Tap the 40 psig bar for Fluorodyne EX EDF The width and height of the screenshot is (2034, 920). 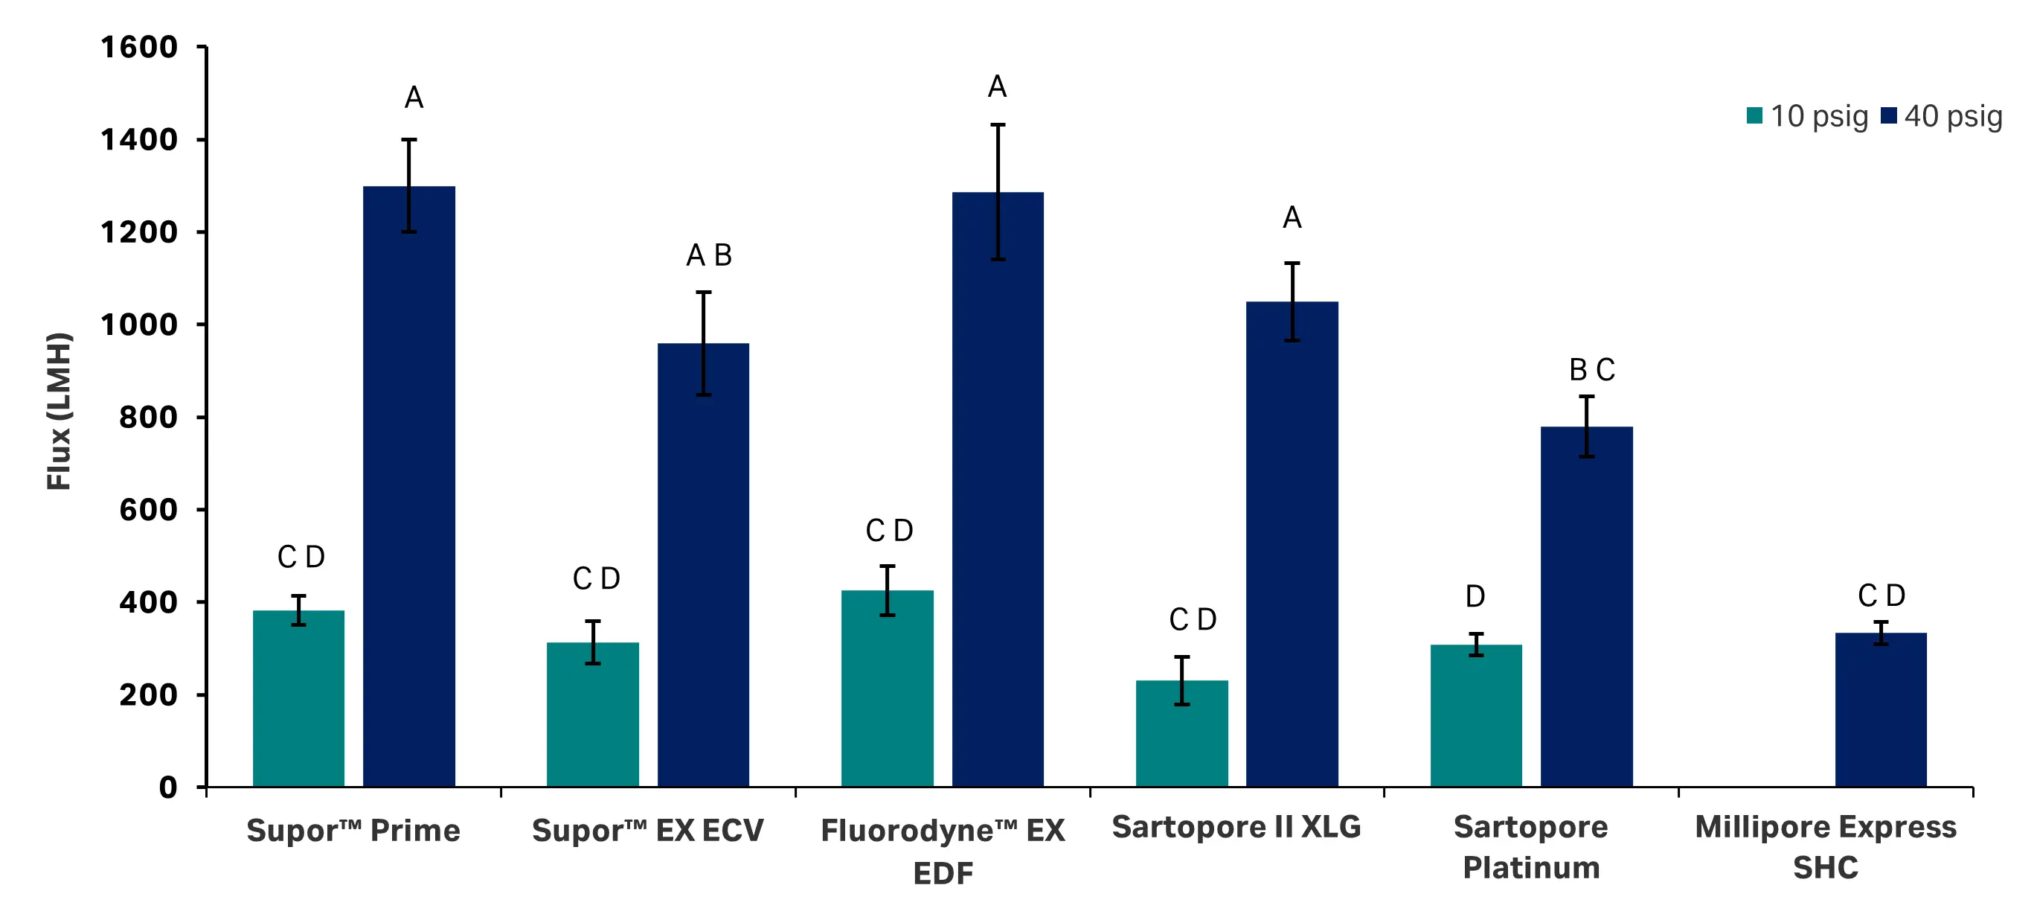click(x=997, y=490)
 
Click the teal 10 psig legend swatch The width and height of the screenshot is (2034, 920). click(x=1754, y=116)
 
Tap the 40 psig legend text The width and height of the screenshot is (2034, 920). click(x=1953, y=116)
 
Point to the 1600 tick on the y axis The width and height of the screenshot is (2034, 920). click(x=139, y=48)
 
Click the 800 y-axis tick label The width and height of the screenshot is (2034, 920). click(x=149, y=417)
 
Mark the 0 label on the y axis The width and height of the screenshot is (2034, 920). click(x=167, y=788)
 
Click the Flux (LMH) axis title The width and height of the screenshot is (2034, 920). click(x=60, y=411)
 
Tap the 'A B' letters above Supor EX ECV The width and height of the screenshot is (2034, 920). click(x=708, y=255)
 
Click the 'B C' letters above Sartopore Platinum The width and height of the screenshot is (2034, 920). click(x=1592, y=370)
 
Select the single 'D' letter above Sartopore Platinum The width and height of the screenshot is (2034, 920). click(x=1475, y=596)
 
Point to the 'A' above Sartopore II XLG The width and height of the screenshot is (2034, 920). click(x=1292, y=217)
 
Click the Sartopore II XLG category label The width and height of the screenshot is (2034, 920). click(x=1236, y=827)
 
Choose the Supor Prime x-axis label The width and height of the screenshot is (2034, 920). click(x=353, y=830)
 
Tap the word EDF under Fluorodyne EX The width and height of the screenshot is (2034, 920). click(x=943, y=873)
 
